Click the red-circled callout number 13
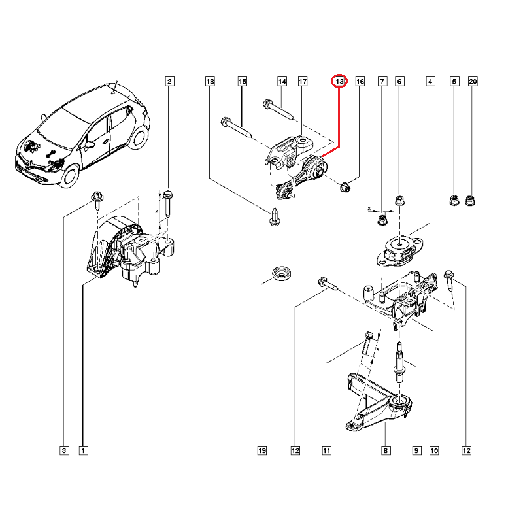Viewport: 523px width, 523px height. point(339,82)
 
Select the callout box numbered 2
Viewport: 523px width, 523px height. point(169,82)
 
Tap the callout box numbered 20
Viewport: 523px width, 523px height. point(473,82)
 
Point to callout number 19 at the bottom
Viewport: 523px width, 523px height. point(261,450)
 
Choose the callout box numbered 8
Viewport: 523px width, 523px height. point(385,450)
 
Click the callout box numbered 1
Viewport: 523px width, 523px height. point(83,450)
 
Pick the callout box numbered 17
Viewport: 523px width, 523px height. point(303,82)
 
